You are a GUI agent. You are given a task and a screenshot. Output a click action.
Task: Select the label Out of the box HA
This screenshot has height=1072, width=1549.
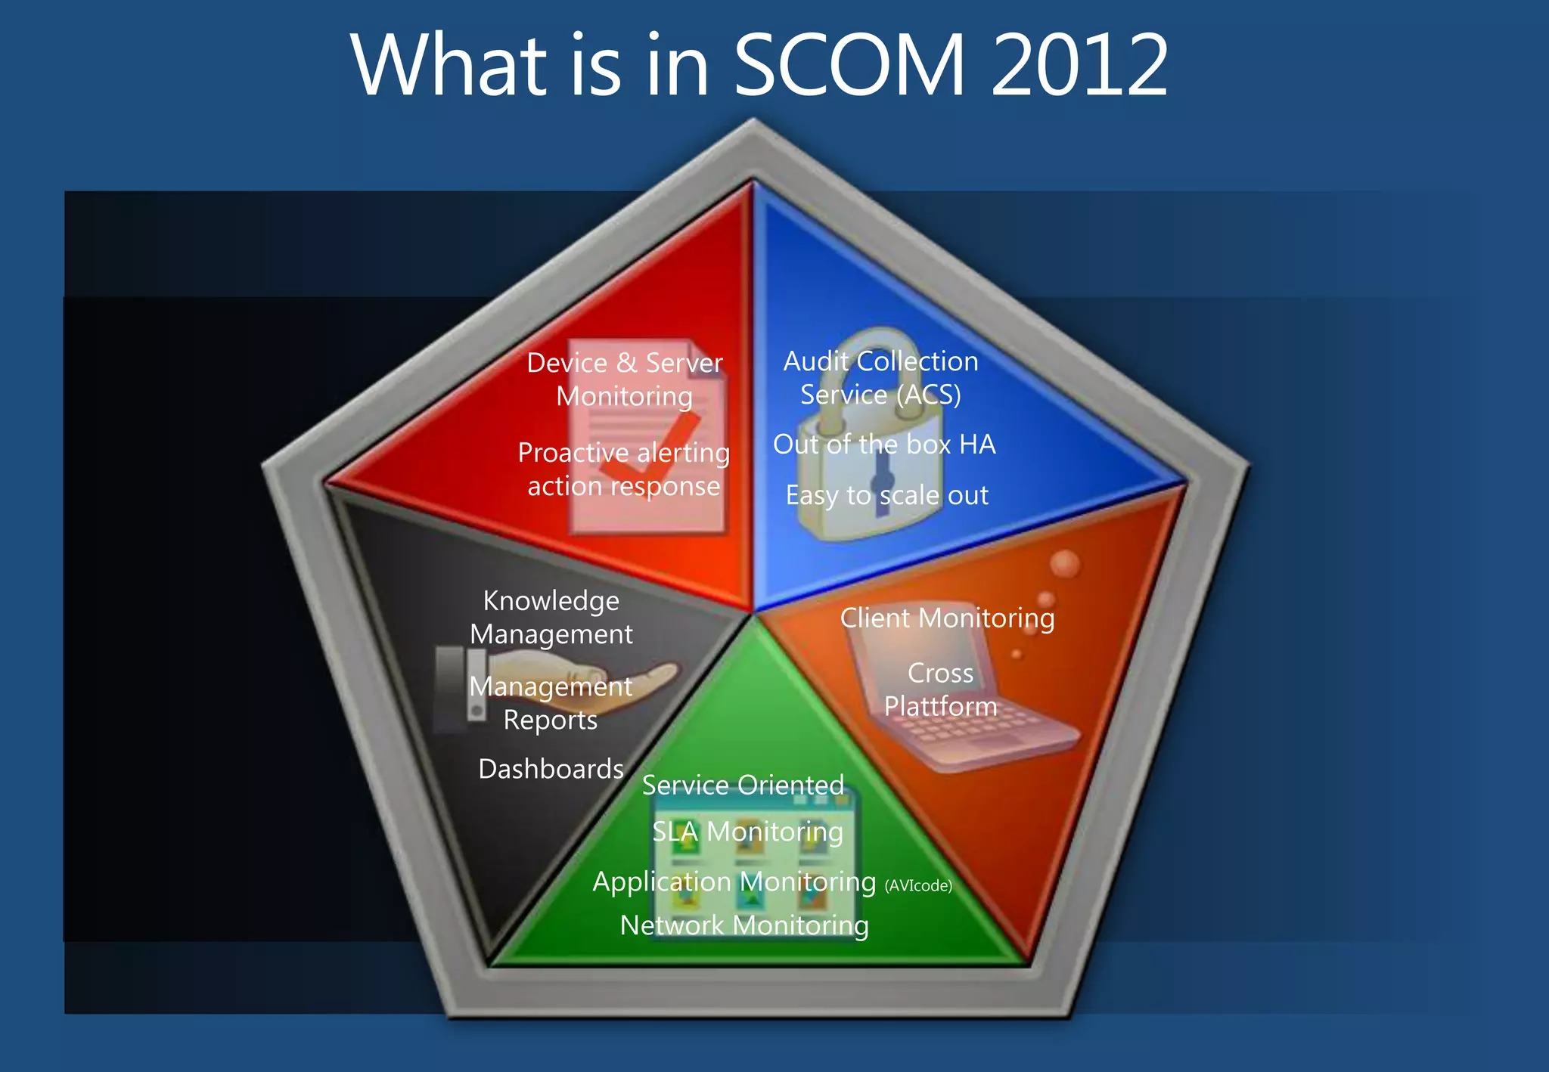(883, 444)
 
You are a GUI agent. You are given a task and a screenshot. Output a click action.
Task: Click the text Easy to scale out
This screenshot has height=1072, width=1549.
(886, 495)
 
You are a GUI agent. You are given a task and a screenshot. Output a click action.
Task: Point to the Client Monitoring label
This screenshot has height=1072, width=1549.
(947, 618)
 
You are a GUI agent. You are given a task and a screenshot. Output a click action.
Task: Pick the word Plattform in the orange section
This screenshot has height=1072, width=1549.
(940, 706)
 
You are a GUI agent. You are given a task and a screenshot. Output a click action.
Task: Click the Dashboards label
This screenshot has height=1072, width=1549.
(551, 769)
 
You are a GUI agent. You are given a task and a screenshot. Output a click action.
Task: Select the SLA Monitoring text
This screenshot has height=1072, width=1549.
(747, 832)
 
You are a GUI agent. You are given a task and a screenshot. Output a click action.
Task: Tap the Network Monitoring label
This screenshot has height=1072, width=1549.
(744, 925)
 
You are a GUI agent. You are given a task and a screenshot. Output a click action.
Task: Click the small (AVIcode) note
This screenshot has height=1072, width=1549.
(918, 886)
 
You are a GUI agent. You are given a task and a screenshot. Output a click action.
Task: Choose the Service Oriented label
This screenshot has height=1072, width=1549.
(743, 785)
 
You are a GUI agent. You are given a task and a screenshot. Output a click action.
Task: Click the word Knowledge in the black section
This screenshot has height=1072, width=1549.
(551, 601)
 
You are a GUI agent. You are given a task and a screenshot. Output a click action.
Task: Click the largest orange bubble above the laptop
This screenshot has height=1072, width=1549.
(1065, 564)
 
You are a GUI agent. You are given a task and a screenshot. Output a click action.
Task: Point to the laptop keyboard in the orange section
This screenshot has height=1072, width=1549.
(976, 730)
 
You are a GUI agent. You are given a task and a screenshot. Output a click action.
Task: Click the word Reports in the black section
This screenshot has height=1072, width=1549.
(550, 720)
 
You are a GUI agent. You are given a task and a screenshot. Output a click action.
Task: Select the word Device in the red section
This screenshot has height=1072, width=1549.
(567, 363)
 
